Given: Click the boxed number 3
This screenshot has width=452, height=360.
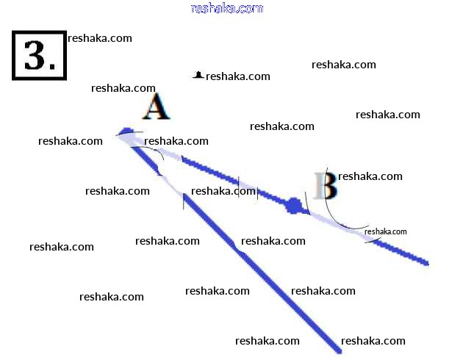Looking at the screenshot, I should point(40,55).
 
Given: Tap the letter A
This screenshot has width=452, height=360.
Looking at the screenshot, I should point(155,108).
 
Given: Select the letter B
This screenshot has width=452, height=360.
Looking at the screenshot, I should point(325,186).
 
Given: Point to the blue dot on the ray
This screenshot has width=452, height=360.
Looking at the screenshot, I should point(295,206).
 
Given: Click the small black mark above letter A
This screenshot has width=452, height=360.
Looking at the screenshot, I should point(198,75).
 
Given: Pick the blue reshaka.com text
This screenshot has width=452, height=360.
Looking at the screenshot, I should point(226,8).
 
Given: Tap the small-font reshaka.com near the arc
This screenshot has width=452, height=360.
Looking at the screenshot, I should point(385,231).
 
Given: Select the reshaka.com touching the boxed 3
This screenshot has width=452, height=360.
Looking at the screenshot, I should point(100,38).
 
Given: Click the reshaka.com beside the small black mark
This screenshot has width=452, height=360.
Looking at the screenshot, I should point(238,76).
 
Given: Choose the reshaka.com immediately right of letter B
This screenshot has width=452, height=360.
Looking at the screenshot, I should point(370,176).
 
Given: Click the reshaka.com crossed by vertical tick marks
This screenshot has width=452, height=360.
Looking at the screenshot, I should point(223,192).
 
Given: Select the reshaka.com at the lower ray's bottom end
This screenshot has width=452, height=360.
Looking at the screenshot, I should point(373,341).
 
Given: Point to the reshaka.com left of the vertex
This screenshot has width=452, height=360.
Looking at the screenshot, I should point(71,141).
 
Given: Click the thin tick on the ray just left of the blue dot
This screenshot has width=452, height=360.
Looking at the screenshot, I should point(257,192).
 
